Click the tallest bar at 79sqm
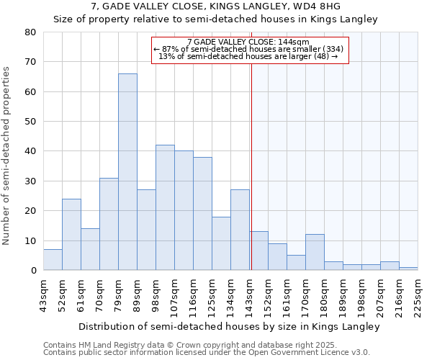pyautogui.click(x=127, y=172)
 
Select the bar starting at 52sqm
pyautogui.click(x=71, y=235)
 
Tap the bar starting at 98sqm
pyautogui.click(x=165, y=208)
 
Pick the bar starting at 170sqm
pyautogui.click(x=315, y=253)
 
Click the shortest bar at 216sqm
pyautogui.click(x=408, y=269)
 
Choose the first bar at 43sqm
pyautogui.click(x=53, y=260)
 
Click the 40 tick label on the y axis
pyautogui.click(x=30, y=151)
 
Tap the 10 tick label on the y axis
pyautogui.click(x=30, y=241)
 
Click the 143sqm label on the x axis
pyautogui.click(x=250, y=295)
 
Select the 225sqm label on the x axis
pyautogui.click(x=418, y=295)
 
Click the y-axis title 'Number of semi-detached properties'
pyautogui.click(x=6, y=156)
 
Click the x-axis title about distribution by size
pyautogui.click(x=229, y=326)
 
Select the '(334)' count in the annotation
pyautogui.click(x=330, y=49)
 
